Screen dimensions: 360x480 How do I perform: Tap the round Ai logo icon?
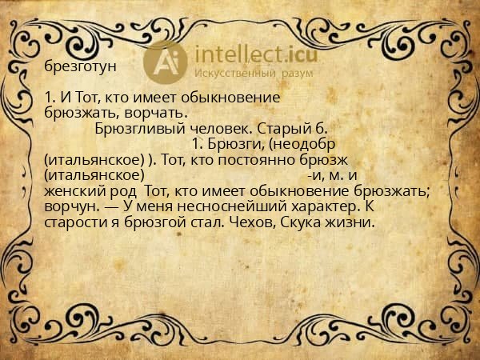166,61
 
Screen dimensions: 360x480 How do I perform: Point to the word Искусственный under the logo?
239,73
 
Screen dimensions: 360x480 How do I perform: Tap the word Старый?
285,128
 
